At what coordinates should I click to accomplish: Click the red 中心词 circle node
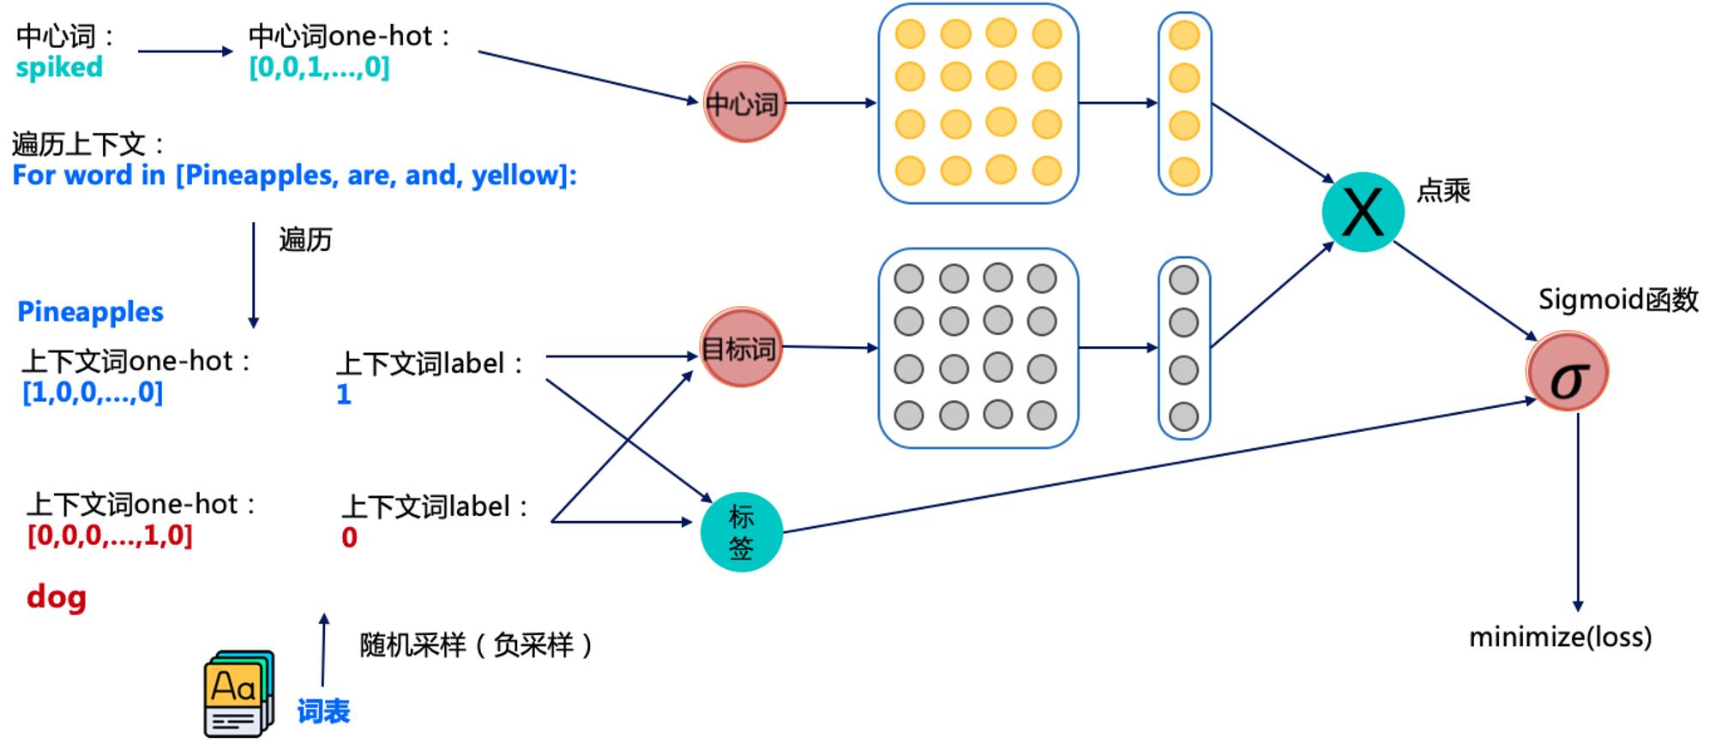click(744, 103)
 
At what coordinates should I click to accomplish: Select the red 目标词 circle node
click(741, 347)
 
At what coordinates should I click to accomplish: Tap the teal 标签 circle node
click(741, 532)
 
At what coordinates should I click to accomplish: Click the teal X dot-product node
click(1363, 212)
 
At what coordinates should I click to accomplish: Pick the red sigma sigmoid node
click(1567, 371)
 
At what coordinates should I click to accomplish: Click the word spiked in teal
click(59, 68)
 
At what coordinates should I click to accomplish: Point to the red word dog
click(57, 596)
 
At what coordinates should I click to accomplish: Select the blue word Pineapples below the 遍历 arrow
click(90, 312)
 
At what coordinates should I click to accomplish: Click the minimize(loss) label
click(1560, 637)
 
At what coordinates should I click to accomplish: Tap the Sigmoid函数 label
click(1618, 300)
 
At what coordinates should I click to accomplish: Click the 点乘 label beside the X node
click(1443, 190)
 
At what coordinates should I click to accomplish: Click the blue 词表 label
click(323, 711)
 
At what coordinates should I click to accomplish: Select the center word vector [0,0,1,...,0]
click(319, 67)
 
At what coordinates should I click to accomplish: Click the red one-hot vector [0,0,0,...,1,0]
click(110, 536)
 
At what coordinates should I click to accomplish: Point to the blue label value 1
click(344, 394)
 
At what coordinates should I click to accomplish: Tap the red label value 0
click(349, 537)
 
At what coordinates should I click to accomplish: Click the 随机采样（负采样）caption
click(476, 644)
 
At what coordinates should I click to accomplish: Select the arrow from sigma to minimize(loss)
click(1578, 512)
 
